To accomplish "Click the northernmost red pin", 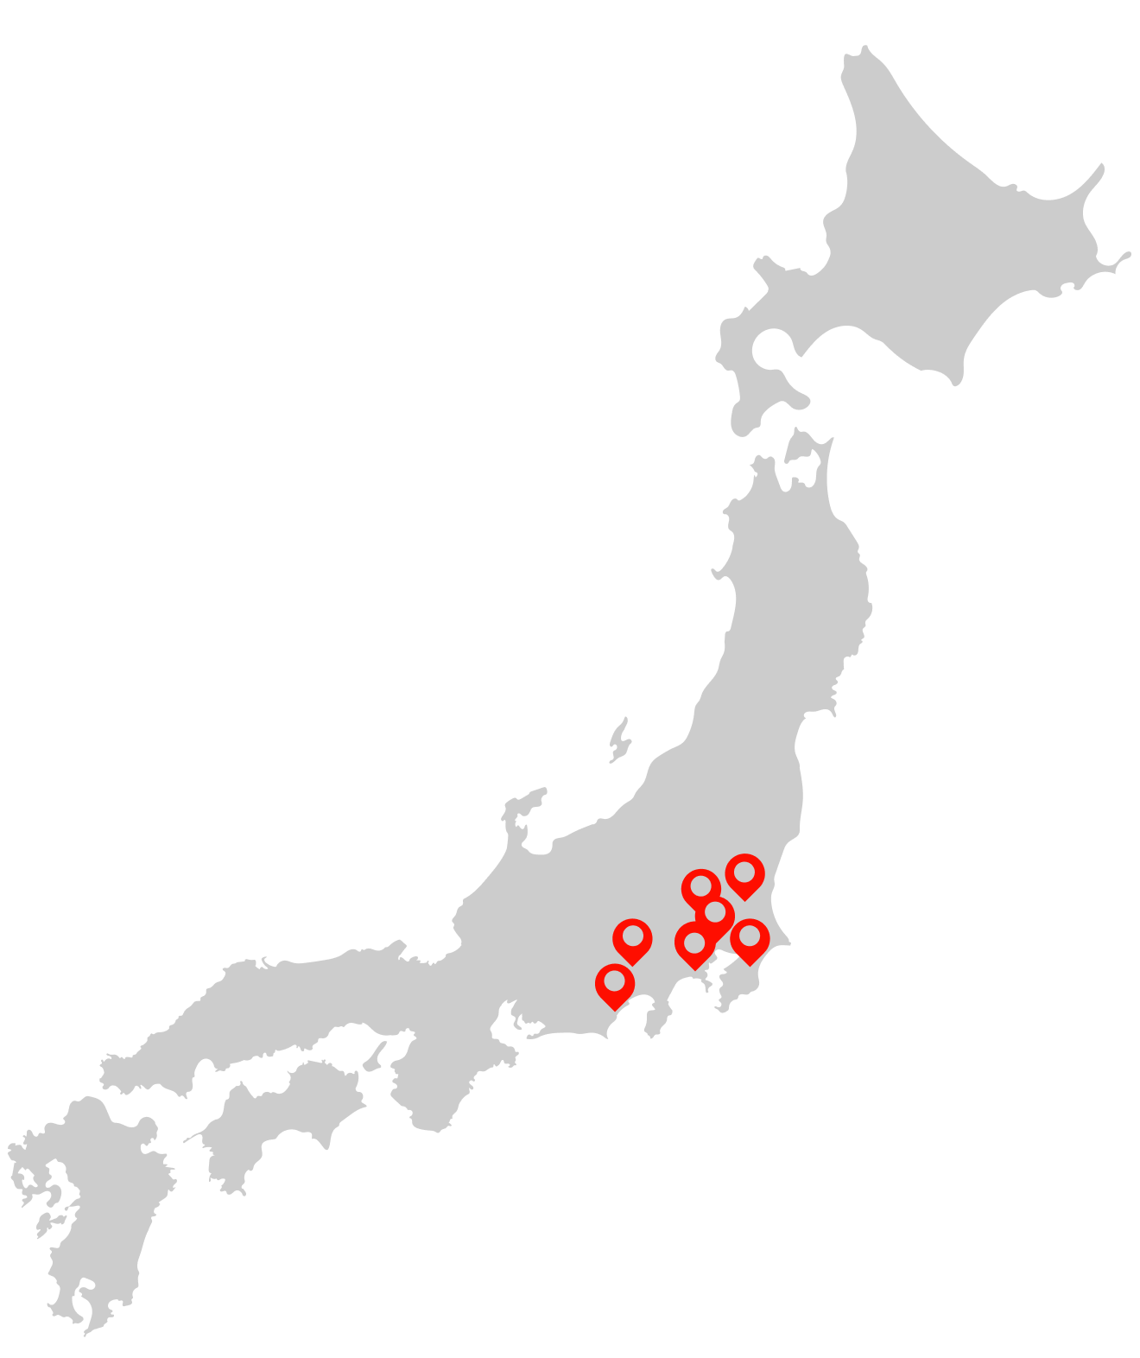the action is point(744,874).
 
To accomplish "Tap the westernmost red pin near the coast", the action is point(614,984).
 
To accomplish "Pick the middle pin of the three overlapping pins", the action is point(715,913).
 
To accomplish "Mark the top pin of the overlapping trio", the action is point(700,887).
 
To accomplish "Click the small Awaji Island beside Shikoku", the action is point(377,1055).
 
